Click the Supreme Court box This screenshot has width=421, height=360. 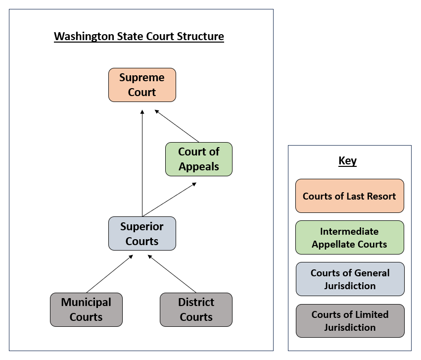tap(142, 85)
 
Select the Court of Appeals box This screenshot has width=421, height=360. tap(198, 159)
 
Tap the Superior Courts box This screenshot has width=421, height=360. tap(142, 234)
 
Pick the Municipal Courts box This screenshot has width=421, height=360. tap(86, 309)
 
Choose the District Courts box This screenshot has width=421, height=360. tap(196, 309)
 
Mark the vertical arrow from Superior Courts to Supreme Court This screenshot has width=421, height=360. tap(142, 163)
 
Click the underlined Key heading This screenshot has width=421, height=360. tap(347, 161)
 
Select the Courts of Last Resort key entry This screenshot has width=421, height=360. tap(349, 196)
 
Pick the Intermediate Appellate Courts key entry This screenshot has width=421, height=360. tap(349, 238)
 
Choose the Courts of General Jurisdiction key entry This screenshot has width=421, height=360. tap(350, 279)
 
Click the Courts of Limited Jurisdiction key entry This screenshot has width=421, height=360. tap(350, 321)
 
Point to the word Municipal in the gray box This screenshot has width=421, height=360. tap(86, 303)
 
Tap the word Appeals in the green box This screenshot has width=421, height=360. tap(199, 166)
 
